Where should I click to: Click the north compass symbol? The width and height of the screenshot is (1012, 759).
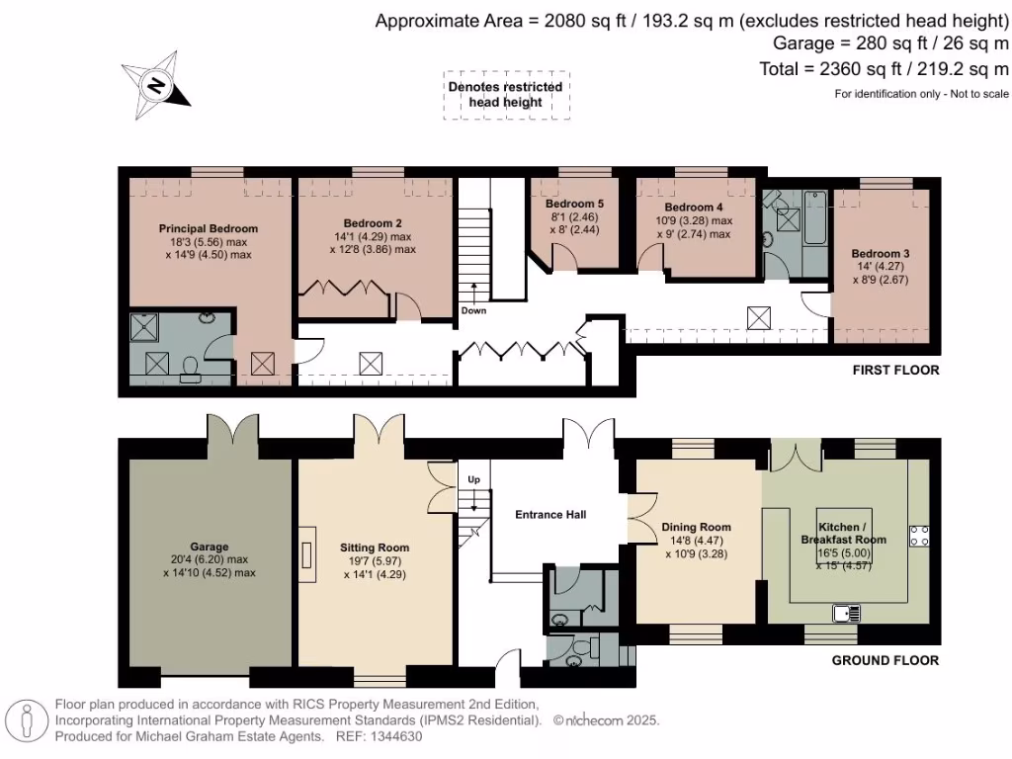[155, 85]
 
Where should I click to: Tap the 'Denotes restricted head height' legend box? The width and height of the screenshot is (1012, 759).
[506, 95]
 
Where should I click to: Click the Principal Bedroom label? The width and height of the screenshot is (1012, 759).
[209, 228]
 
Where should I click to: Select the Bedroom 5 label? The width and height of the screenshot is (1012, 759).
[574, 204]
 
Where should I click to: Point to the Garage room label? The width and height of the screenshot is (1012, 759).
[210, 547]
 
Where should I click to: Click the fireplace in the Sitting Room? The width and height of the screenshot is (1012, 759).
[306, 554]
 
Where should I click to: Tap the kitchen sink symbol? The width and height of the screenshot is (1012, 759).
[846, 613]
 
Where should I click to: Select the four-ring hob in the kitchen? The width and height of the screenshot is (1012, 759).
[919, 537]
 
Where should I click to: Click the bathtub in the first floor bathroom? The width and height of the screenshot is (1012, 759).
[814, 216]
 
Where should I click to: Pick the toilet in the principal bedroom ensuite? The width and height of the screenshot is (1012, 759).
[191, 370]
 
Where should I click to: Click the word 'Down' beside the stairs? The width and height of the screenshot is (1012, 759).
[473, 310]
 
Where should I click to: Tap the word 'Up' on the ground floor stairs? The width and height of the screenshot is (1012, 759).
[473, 479]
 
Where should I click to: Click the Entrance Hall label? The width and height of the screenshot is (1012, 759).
[550, 514]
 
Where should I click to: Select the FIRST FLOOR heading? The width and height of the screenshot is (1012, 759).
[895, 370]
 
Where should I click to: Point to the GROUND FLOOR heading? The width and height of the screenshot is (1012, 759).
[885, 660]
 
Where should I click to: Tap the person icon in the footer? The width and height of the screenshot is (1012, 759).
[27, 720]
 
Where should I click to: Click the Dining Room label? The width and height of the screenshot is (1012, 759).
[697, 528]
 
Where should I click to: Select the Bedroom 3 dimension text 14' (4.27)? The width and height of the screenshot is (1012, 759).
[881, 266]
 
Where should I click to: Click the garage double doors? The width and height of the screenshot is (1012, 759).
[232, 428]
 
